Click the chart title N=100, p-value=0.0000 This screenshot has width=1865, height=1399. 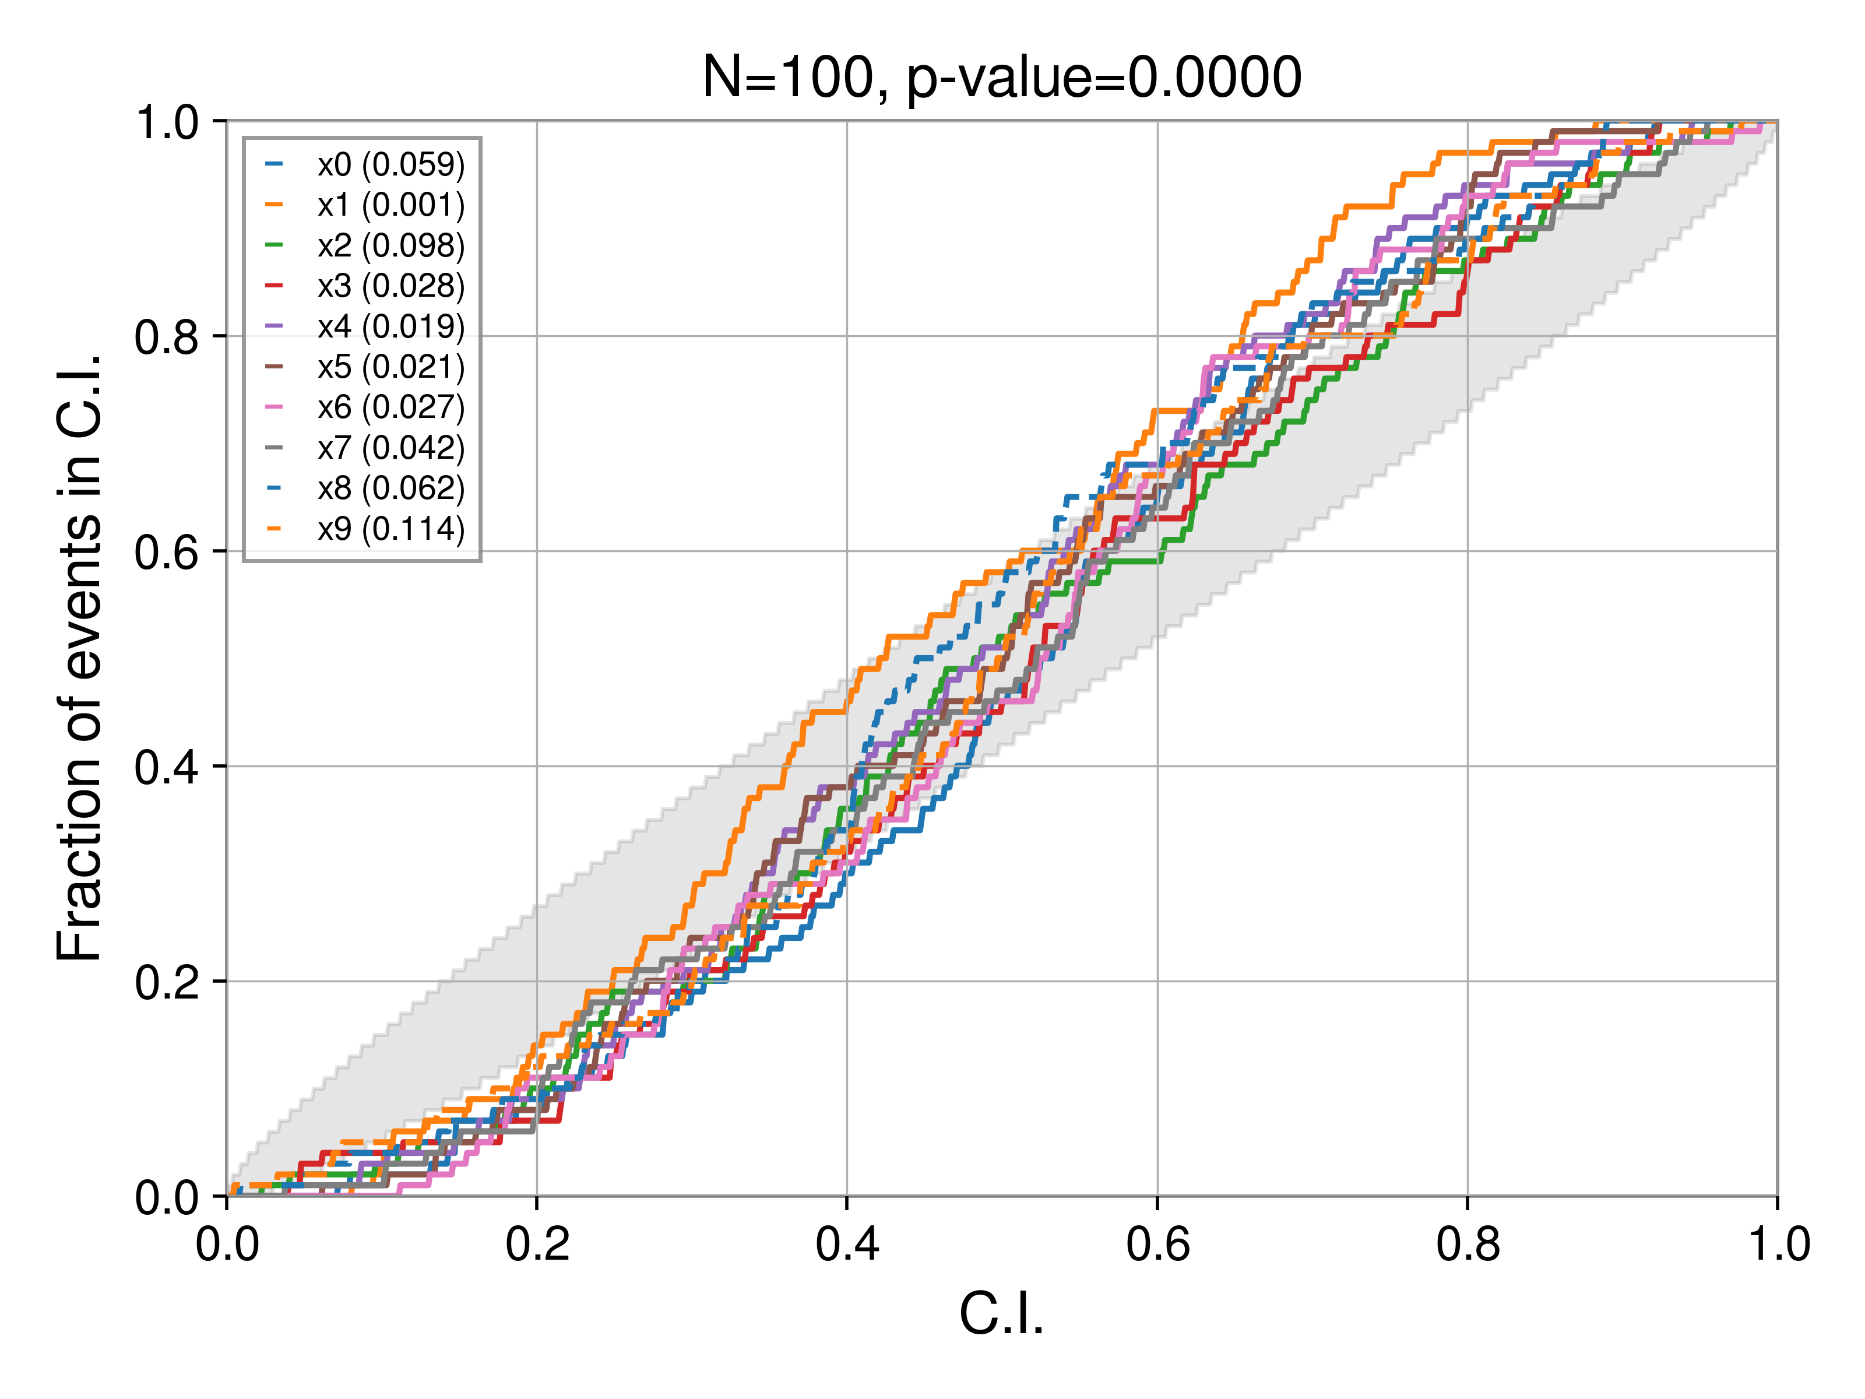[x=1002, y=78]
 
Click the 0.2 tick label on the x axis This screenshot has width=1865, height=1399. [x=537, y=1245]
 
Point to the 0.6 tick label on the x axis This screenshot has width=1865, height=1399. [x=1157, y=1245]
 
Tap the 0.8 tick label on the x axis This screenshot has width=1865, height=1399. [x=1468, y=1245]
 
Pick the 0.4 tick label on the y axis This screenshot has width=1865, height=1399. [x=167, y=767]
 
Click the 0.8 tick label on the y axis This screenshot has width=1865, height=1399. [x=167, y=338]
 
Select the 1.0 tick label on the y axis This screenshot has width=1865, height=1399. [x=167, y=123]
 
